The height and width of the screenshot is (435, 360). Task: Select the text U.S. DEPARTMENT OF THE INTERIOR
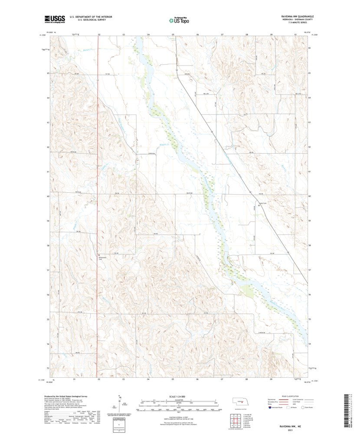click(x=88, y=17)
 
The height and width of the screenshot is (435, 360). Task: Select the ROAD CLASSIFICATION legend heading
click(x=290, y=396)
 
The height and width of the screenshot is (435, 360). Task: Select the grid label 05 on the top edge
click(x=173, y=34)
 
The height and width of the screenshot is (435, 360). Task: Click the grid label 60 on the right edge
click(x=310, y=196)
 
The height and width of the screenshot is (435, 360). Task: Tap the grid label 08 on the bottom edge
click(x=246, y=379)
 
